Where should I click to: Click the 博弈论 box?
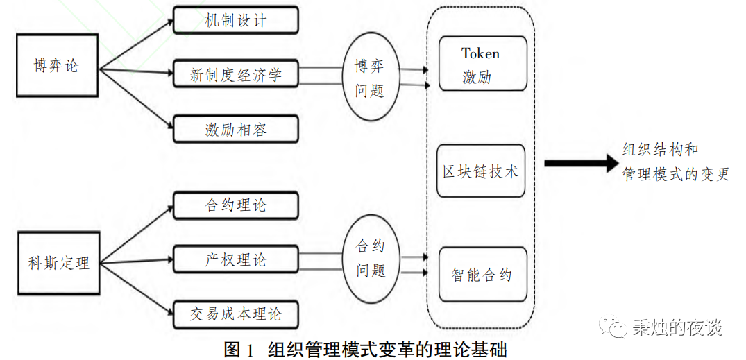[x=56, y=65]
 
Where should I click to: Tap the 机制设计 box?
[x=235, y=20]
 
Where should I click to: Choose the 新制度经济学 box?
[x=235, y=74]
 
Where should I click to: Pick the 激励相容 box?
[x=235, y=130]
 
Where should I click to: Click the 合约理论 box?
[x=235, y=205]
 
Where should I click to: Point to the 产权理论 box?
[x=235, y=259]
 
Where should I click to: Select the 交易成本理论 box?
[x=235, y=314]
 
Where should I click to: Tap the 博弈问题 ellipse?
[x=369, y=78]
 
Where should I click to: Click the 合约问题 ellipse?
[x=370, y=259]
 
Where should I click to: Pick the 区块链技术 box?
[x=482, y=171]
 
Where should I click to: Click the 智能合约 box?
[x=482, y=275]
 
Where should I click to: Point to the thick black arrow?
[x=580, y=163]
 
